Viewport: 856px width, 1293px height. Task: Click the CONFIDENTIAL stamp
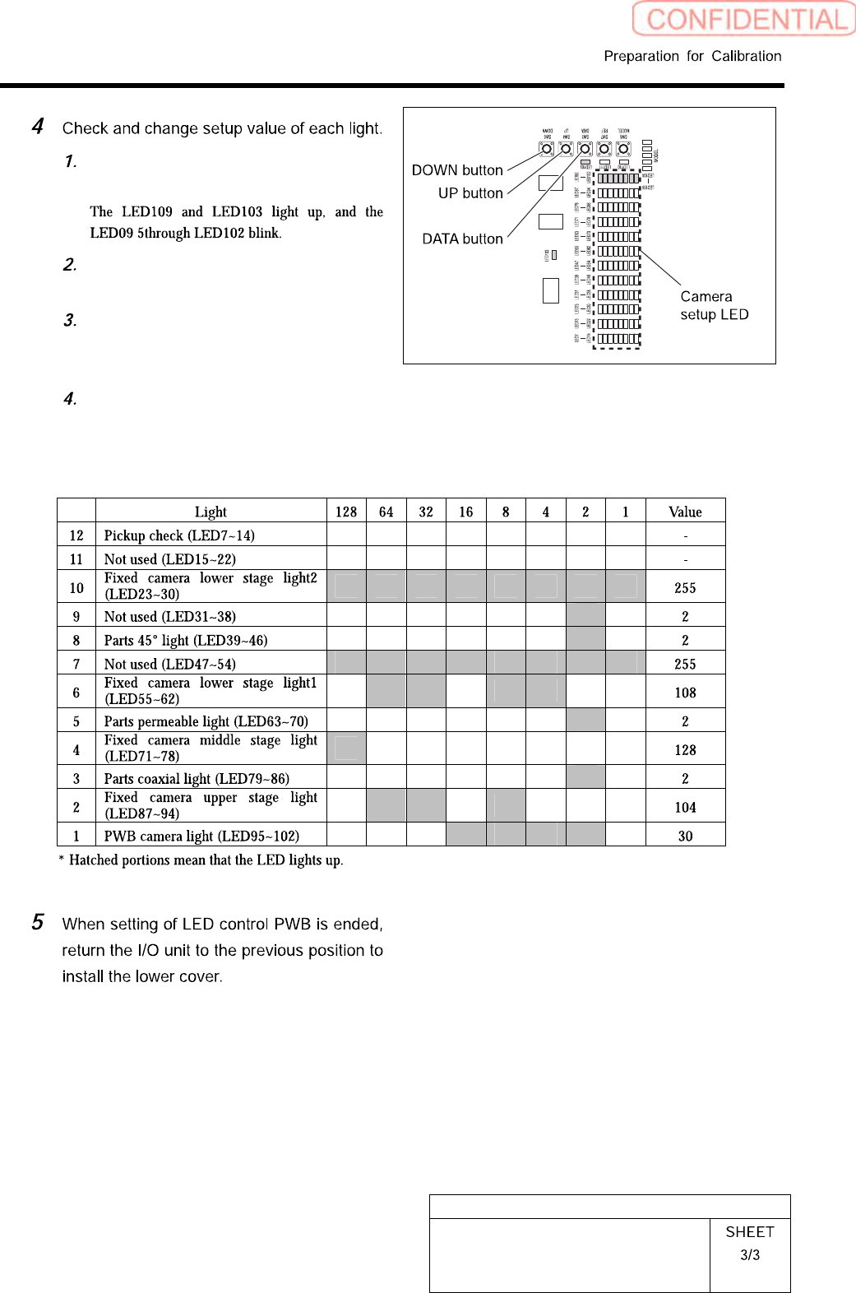[744, 19]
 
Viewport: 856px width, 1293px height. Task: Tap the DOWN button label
[457, 170]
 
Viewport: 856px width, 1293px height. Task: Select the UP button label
[470, 193]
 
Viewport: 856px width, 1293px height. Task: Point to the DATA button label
[462, 239]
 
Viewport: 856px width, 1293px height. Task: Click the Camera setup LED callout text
[714, 305]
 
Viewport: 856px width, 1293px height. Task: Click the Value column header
[685, 512]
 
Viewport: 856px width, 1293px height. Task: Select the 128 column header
[346, 512]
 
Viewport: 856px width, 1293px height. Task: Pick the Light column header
[211, 512]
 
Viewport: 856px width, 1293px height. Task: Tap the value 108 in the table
[685, 693]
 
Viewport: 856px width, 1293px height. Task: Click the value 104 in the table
[685, 808]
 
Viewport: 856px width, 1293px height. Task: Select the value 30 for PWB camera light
[685, 836]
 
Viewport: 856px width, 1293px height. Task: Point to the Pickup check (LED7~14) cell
[179, 535]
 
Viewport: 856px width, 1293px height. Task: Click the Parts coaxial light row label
[197, 778]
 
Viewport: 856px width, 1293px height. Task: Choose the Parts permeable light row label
[206, 721]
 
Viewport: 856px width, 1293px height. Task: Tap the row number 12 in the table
[76, 535]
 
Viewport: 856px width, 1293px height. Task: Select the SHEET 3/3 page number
[749, 1243]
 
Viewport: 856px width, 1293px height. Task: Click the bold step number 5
[38, 922]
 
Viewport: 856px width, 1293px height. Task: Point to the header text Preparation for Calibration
[692, 56]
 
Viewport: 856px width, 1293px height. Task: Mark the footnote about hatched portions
[201, 860]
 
